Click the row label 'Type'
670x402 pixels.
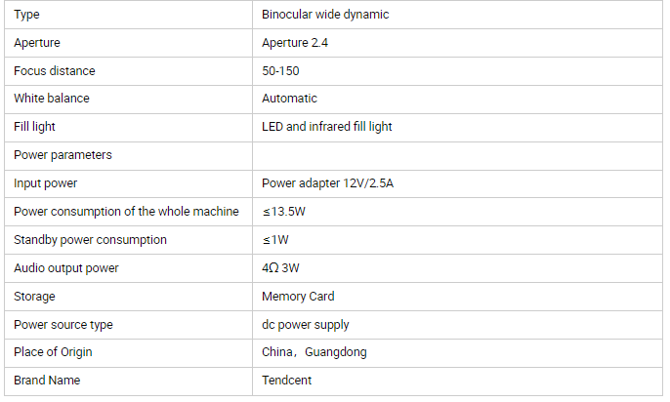point(26,15)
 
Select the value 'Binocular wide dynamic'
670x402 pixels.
point(325,15)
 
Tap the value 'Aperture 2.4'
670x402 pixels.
point(295,43)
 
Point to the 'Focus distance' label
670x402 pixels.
point(55,71)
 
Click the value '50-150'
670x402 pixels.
point(280,71)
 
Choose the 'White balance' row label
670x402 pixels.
point(52,99)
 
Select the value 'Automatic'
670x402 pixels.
point(289,99)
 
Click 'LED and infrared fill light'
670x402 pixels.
point(327,127)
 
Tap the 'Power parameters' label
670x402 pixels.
point(63,155)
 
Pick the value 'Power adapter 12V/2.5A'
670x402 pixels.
point(328,183)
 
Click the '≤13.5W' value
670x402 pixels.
point(283,212)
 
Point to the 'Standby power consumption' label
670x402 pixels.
point(90,240)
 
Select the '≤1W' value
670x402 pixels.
point(275,240)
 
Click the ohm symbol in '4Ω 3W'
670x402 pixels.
point(273,268)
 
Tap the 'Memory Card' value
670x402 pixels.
point(298,297)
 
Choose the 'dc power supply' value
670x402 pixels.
point(306,325)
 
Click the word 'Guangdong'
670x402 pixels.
point(336,352)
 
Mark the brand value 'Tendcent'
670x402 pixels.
point(287,381)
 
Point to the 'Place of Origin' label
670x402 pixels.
point(53,352)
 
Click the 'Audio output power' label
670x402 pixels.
point(66,268)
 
